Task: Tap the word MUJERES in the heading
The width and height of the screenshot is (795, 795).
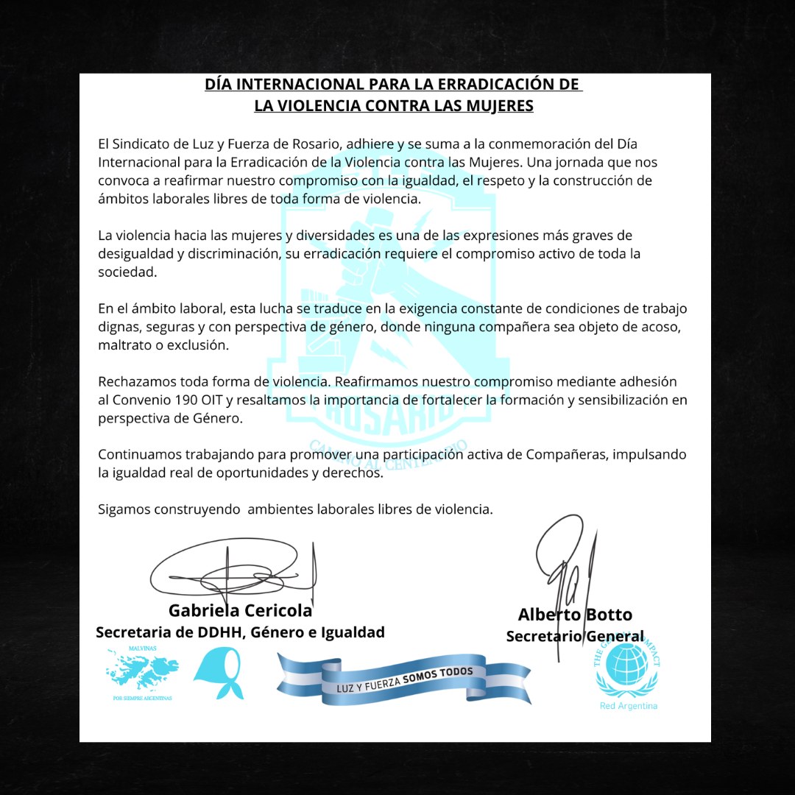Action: (x=500, y=105)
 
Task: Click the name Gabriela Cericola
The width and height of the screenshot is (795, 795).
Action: (x=241, y=610)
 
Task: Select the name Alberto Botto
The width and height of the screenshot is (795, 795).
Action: (x=575, y=614)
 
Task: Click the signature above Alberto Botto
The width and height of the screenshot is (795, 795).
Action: (x=567, y=567)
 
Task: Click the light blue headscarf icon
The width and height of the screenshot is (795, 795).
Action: (x=217, y=673)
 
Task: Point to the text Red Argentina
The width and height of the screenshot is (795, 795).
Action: (x=629, y=706)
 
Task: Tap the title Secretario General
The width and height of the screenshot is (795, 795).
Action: (x=575, y=636)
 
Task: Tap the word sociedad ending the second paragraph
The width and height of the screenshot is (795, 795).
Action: (x=127, y=272)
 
